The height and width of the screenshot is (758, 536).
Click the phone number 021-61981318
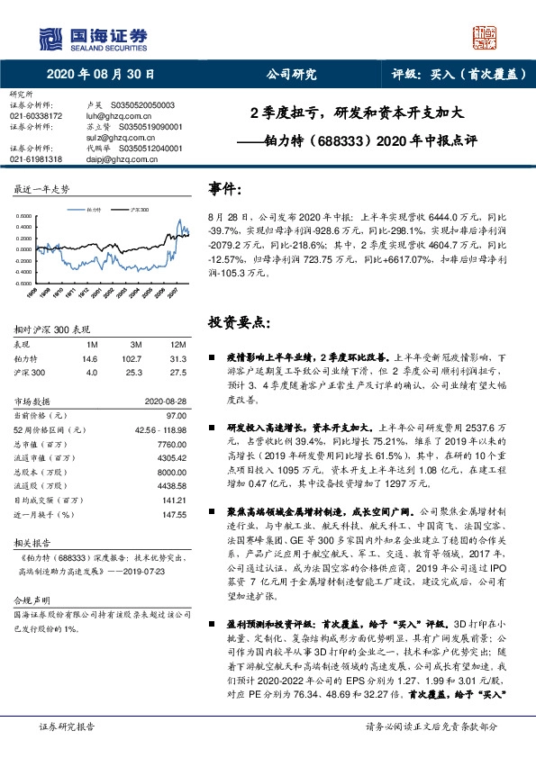pyautogui.click(x=36, y=158)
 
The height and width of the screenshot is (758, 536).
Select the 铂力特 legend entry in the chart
pyautogui.click(x=89, y=209)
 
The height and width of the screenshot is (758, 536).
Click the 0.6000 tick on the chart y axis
pyautogui.click(x=26, y=217)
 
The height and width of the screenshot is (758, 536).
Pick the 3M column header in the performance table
pyautogui.click(x=136, y=345)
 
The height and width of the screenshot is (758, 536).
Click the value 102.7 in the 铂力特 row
pyautogui.click(x=136, y=357)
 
